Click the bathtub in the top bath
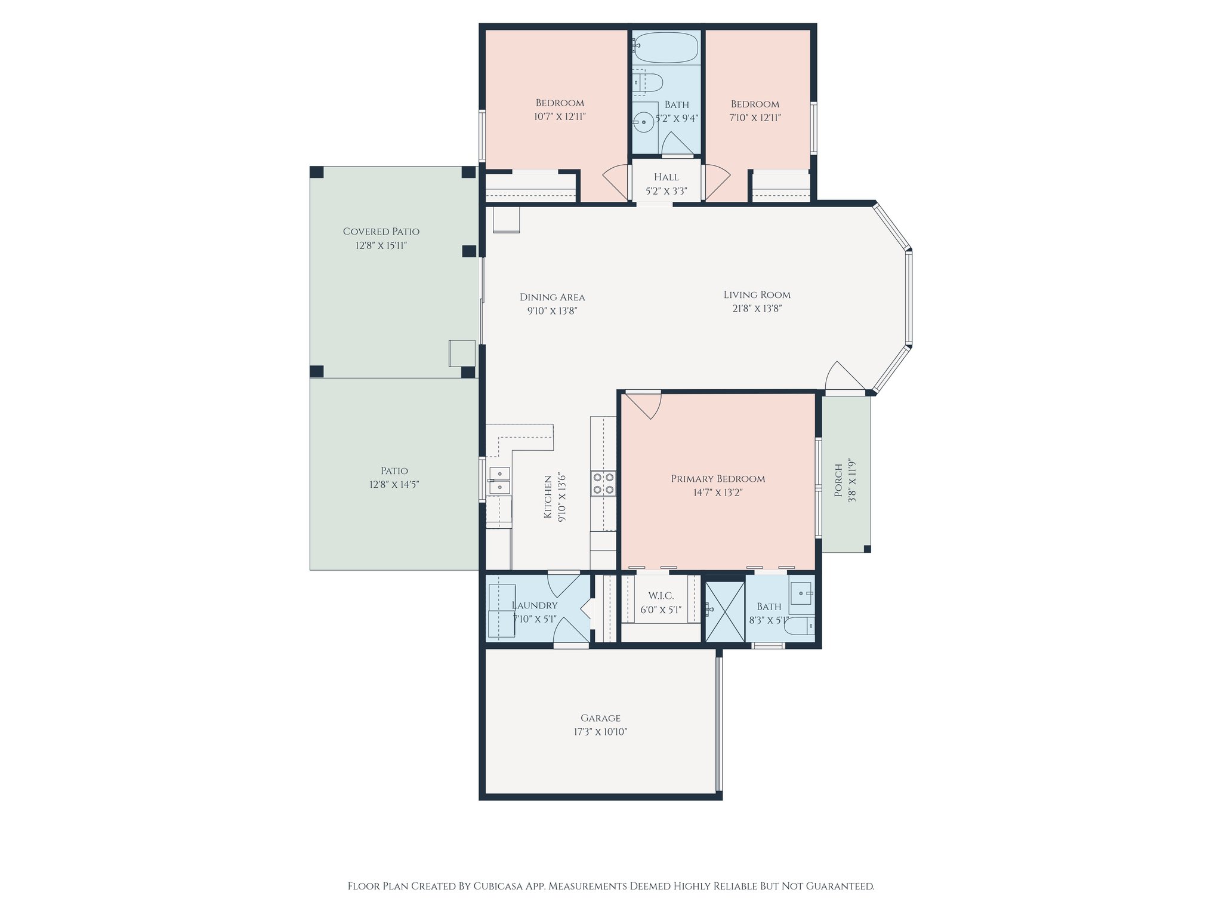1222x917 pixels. point(666,47)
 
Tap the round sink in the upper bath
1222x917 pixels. point(644,122)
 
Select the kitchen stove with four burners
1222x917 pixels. point(603,483)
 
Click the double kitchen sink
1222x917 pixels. point(499,481)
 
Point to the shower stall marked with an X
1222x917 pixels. point(725,611)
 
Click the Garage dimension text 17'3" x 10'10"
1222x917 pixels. point(600,732)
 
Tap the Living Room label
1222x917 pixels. point(757,295)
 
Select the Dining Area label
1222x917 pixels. point(552,297)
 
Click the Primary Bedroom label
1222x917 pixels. point(718,479)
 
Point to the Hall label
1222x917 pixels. point(666,177)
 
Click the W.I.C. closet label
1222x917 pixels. point(661,596)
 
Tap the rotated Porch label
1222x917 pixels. point(838,481)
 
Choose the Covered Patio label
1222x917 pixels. point(381,232)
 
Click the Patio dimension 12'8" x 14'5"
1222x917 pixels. point(394,485)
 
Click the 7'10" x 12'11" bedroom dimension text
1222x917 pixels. point(755,118)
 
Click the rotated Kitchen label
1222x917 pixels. point(548,497)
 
